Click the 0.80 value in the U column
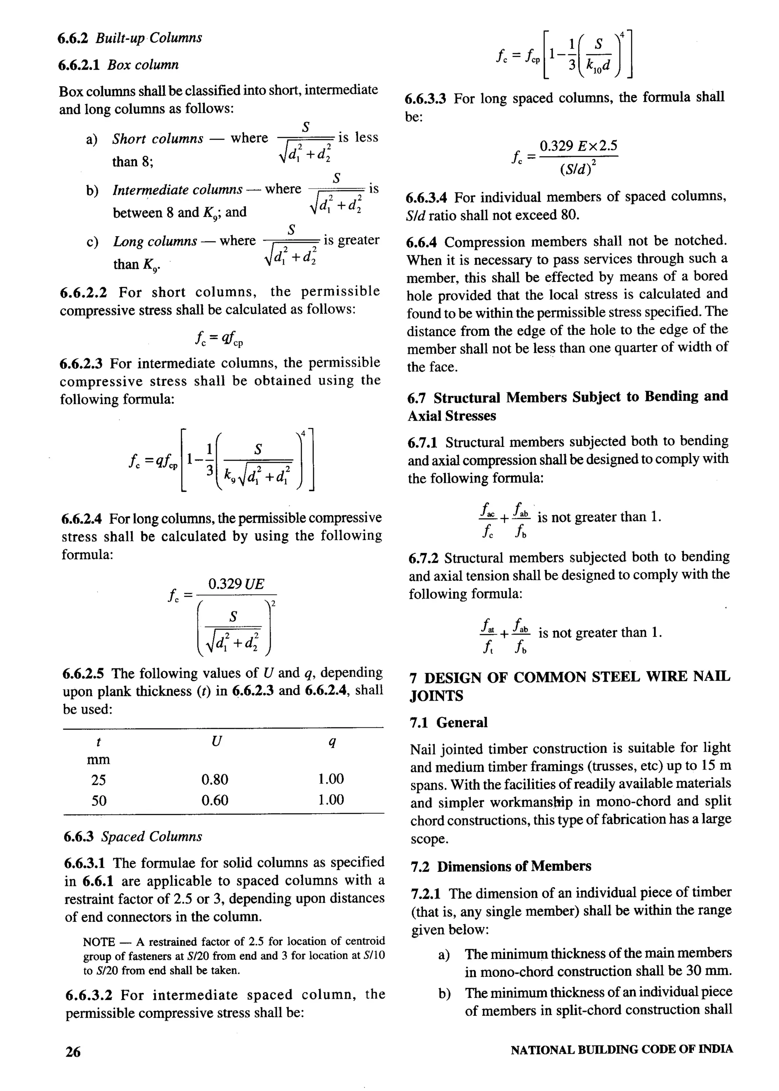[215, 779]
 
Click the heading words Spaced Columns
[152, 837]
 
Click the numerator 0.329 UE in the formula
[236, 584]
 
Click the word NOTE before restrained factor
[99, 942]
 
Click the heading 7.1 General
[448, 722]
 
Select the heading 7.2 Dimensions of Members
[501, 867]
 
